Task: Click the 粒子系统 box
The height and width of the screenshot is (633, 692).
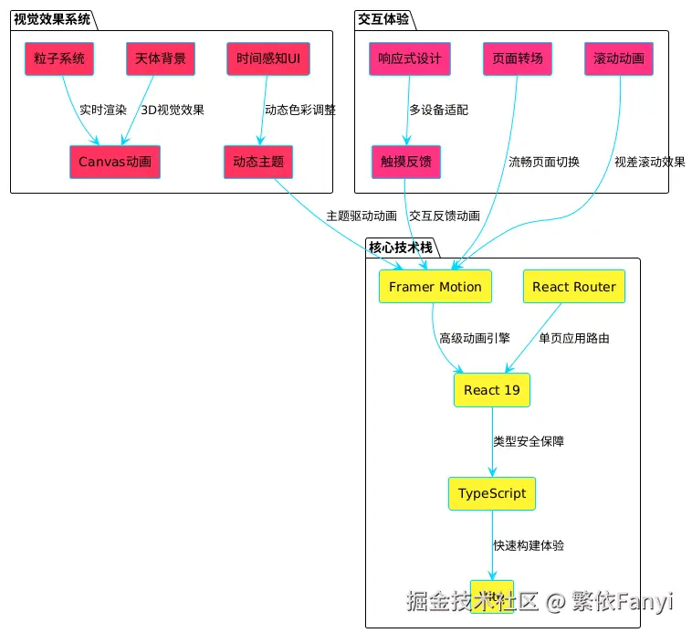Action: (x=59, y=59)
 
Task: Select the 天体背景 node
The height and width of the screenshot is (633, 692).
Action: (x=161, y=59)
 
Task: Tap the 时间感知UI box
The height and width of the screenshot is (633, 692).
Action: (x=268, y=59)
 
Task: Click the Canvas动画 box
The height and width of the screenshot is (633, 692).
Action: (x=115, y=163)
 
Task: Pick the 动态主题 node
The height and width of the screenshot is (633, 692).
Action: (x=258, y=163)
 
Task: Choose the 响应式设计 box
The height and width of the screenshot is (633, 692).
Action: (x=410, y=59)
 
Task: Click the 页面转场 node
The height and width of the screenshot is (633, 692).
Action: (x=518, y=59)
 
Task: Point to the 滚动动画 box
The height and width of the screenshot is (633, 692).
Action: (x=619, y=59)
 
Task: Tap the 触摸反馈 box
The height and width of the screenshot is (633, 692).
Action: (x=406, y=163)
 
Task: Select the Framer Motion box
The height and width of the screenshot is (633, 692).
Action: (x=435, y=287)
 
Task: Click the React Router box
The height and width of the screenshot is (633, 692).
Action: (x=574, y=287)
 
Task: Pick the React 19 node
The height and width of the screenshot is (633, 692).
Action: (x=492, y=390)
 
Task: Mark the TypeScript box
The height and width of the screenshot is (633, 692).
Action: (x=492, y=493)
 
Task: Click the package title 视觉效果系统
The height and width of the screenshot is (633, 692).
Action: (x=52, y=19)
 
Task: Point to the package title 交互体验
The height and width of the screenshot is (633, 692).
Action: (x=383, y=19)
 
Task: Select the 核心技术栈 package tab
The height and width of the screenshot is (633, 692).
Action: (x=401, y=247)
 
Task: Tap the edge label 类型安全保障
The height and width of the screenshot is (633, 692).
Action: (x=529, y=441)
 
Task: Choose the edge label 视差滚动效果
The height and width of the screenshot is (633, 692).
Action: (x=649, y=162)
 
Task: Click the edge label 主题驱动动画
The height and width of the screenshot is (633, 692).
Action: (x=362, y=216)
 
